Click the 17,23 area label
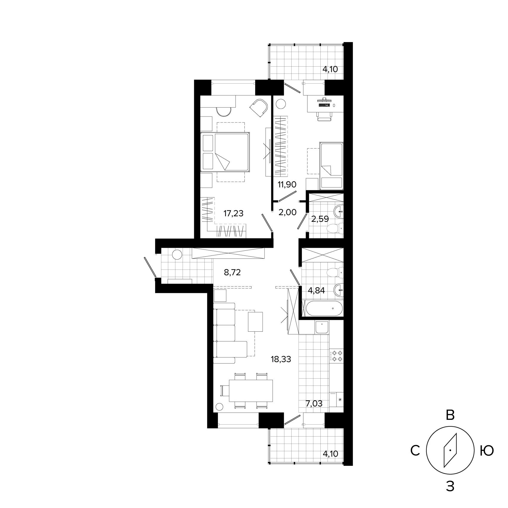pos(234,213)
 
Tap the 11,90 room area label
pos(287,185)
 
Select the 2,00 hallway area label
pos(287,212)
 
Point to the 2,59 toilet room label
pos(320,219)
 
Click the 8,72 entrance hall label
pos(232,273)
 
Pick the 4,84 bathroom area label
pos(316,290)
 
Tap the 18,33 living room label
pos(281,359)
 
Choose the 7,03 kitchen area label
pos(314,404)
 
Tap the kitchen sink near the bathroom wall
pos(322,328)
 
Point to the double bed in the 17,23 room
pos(225,152)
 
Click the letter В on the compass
pos(450,415)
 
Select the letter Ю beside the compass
pos(486,451)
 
